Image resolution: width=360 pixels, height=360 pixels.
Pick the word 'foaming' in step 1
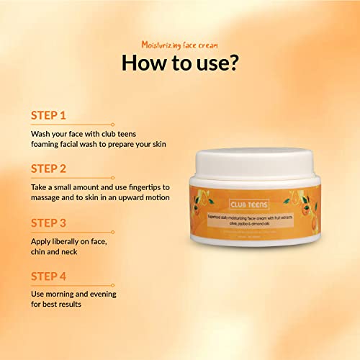pos(50,145)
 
